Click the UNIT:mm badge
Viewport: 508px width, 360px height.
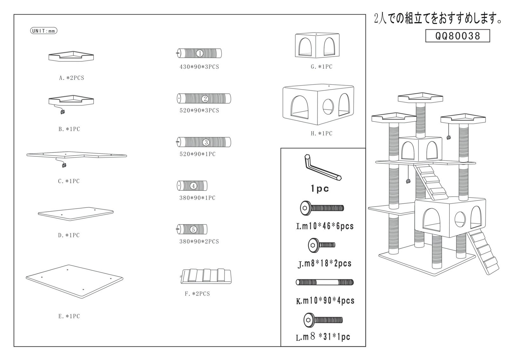pos(43,31)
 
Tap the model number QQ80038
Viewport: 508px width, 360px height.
pos(458,36)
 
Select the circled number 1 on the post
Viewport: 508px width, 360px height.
pos(200,53)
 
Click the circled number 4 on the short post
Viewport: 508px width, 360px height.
pos(193,186)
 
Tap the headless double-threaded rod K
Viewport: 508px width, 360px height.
pos(325,282)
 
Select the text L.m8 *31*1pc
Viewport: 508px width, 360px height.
pos(323,337)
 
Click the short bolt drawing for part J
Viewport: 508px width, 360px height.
pos(322,245)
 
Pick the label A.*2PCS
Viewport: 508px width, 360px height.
pos(72,78)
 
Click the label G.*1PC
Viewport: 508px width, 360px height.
pos(322,67)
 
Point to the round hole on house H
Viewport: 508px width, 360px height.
pos(328,107)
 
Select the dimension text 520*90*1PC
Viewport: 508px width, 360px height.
pos(197,154)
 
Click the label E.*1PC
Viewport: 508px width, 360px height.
pos(69,316)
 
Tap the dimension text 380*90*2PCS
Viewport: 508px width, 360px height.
pos(199,241)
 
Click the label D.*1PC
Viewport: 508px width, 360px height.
pos(69,235)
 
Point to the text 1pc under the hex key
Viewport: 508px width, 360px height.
pos(320,189)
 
